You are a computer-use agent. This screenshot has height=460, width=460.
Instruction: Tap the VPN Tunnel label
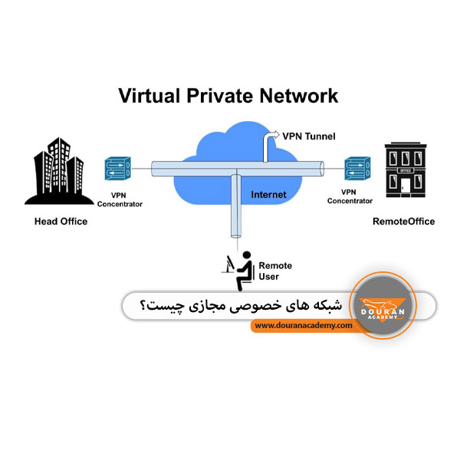(308, 137)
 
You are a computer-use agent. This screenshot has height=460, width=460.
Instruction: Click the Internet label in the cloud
(268, 195)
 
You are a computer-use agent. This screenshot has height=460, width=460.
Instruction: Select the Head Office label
(61, 222)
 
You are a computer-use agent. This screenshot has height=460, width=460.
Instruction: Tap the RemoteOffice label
(402, 222)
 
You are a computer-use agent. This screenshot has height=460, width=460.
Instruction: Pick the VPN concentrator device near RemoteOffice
(353, 166)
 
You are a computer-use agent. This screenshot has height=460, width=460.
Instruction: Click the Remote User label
(275, 271)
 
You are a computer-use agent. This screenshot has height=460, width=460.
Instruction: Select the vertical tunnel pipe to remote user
(237, 212)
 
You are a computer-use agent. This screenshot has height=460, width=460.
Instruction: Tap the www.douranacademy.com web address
(304, 326)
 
